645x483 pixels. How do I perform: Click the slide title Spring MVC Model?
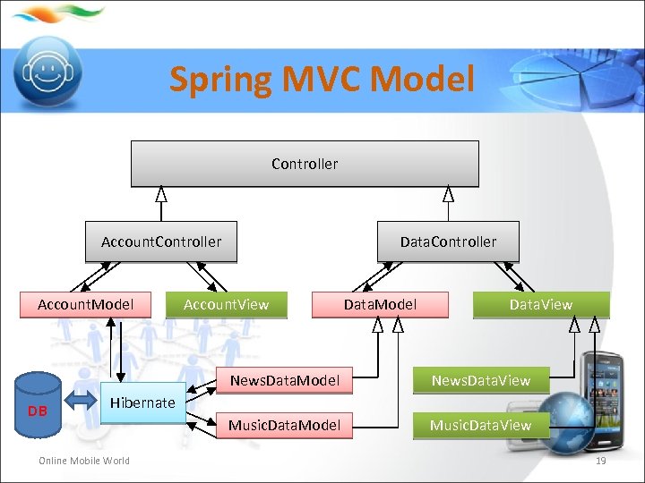pos(322,79)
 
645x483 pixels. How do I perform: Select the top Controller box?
pos(305,164)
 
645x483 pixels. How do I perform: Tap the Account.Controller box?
pos(161,241)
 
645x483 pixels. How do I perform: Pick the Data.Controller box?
pos(448,241)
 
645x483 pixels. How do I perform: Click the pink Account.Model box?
pos(86,304)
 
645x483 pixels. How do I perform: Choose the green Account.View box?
pos(226,304)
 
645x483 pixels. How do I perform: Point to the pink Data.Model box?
pos(380,304)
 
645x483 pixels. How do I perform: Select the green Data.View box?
pos(540,304)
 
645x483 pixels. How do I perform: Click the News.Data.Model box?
pos(285,380)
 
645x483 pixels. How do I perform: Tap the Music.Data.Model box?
pos(285,425)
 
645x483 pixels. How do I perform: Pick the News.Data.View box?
pos(481,380)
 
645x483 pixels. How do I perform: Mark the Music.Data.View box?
pos(481,425)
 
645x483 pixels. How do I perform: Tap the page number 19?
pos(601,461)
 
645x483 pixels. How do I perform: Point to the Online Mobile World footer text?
pos(83,461)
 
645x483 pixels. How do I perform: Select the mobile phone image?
pos(602,394)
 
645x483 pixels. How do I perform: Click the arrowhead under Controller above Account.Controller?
pos(161,194)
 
